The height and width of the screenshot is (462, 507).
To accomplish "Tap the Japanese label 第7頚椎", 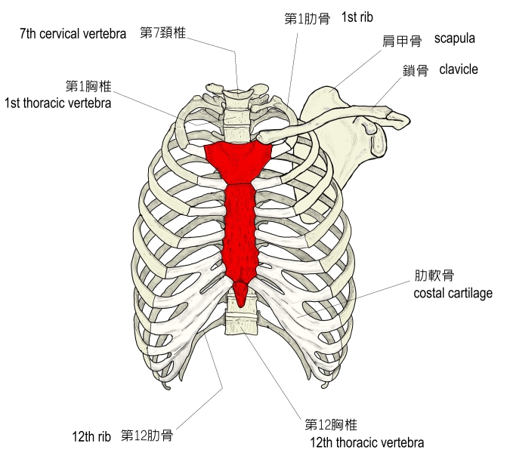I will (x=163, y=33).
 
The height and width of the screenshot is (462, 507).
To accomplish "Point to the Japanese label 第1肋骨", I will (x=307, y=18).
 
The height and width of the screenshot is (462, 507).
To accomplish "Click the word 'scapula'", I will (x=455, y=38).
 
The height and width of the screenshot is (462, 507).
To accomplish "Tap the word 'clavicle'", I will (x=459, y=69).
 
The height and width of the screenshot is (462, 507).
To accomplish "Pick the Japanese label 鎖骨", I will (x=416, y=71).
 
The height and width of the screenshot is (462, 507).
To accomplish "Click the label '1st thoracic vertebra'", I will (x=57, y=103).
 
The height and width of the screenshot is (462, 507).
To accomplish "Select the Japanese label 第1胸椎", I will (x=89, y=86).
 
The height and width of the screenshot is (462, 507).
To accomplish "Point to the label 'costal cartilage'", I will (x=453, y=293).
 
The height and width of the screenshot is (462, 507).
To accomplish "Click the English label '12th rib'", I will (x=92, y=436).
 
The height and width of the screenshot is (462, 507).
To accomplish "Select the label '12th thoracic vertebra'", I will (x=366, y=442).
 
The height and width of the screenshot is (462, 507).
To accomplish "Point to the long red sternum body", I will (x=241, y=226).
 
